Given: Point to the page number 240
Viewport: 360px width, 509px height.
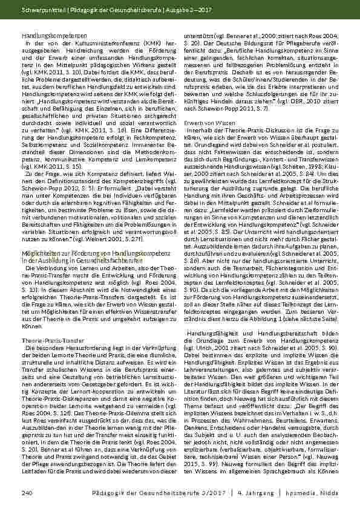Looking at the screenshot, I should click(x=26, y=494).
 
